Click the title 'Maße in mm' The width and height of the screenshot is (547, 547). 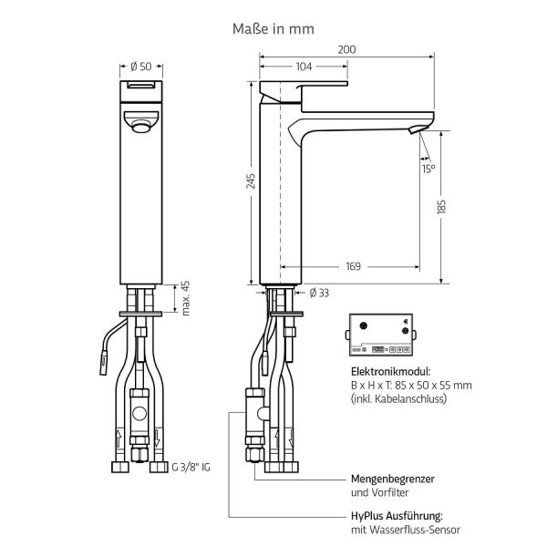pos(273,28)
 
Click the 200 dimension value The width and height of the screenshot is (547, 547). pos(346,49)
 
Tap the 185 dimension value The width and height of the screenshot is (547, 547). pos(441,207)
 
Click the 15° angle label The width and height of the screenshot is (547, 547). pos(428,169)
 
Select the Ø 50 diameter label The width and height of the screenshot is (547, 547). pos(140,67)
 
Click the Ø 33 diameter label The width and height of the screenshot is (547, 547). pos(319,293)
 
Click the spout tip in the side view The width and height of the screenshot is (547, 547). pos(421,129)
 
